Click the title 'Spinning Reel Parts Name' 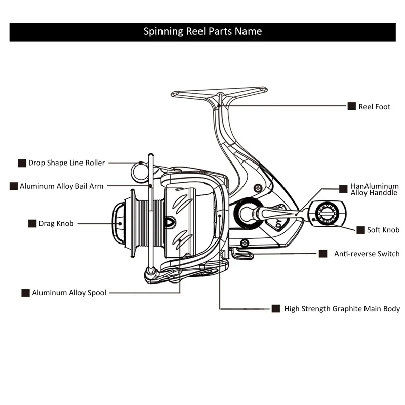point(202,31)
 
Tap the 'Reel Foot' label point(374,107)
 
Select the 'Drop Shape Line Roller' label point(66,163)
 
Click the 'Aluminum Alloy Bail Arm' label point(61,186)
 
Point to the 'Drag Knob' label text point(56,223)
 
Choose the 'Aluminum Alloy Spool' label point(69,293)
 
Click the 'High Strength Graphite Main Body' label point(342,309)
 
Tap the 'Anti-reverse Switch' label point(367,254)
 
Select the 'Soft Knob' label point(383,230)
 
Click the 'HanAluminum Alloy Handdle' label point(375,189)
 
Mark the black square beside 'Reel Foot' point(352,106)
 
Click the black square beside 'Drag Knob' point(32,223)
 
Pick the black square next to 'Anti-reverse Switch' point(323,254)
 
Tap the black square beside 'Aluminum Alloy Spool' point(25,293)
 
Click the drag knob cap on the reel point(118,223)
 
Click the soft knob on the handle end point(327,214)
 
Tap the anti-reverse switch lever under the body point(242,254)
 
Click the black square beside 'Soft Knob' point(360,230)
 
